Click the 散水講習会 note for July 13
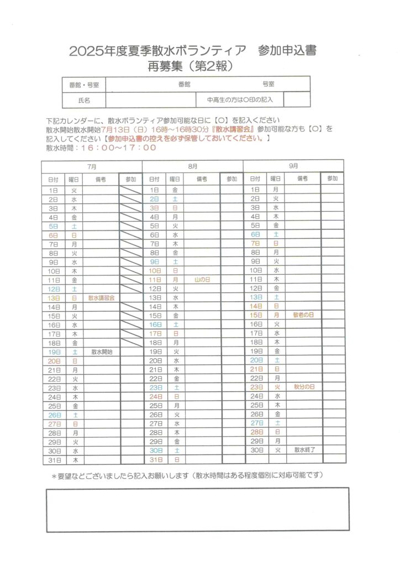tap(101, 297)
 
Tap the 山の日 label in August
tap(203, 280)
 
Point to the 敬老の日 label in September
tap(303, 315)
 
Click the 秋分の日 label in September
tap(304, 387)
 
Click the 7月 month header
tap(92, 166)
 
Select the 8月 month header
tap(193, 166)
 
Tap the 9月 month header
tap(293, 166)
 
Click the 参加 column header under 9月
tap(332, 179)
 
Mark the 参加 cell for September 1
tap(332, 190)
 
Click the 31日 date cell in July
tap(54, 460)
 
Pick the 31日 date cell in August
tap(155, 459)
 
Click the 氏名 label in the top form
tap(84, 101)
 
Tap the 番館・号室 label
tap(84, 85)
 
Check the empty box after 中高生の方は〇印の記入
tap(296, 100)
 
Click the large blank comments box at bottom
tap(198, 509)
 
